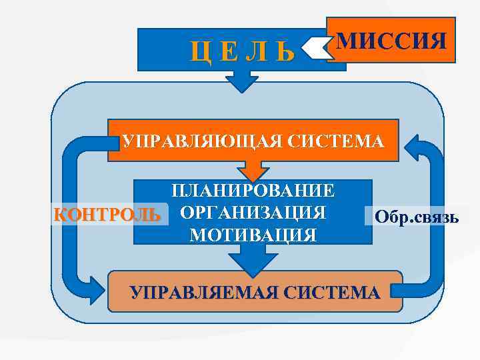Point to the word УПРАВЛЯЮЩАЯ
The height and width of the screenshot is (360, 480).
pyautogui.click(x=193, y=142)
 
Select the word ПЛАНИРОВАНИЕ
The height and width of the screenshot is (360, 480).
pyautogui.click(x=253, y=191)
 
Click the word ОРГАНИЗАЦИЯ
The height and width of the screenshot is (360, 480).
pyautogui.click(x=253, y=213)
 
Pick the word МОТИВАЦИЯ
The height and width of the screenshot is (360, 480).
pyautogui.click(x=253, y=235)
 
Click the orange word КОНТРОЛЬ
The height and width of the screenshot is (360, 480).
pyautogui.click(x=107, y=215)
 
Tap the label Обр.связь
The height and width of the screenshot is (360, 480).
pyautogui.click(x=416, y=217)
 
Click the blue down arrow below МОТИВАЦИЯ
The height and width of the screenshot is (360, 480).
pyautogui.click(x=249, y=262)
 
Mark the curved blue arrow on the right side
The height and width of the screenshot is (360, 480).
pyautogui.click(x=436, y=220)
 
